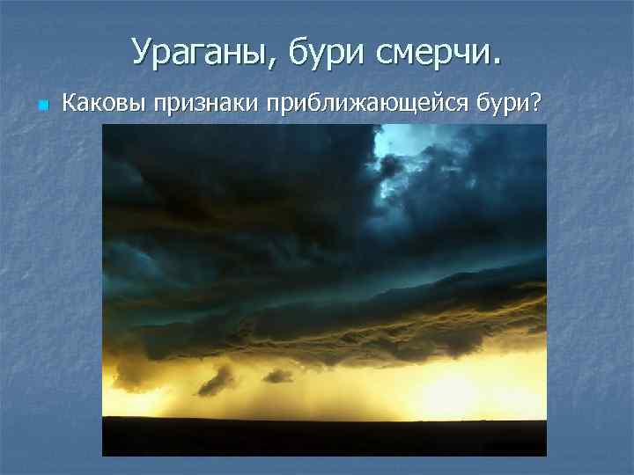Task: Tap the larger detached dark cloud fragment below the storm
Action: [216, 380]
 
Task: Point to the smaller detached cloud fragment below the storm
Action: [278, 376]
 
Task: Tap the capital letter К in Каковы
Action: [69, 104]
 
